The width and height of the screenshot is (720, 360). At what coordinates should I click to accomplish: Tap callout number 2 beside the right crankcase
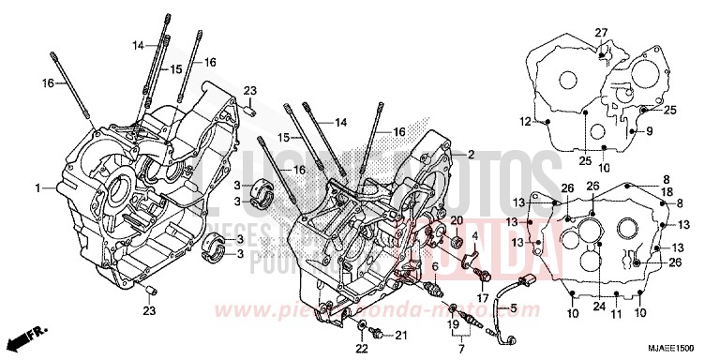472,155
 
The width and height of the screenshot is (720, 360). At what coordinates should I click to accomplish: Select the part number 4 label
474,235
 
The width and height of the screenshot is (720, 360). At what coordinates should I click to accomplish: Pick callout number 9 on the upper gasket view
648,131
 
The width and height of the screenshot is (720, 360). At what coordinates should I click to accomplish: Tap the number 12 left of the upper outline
527,122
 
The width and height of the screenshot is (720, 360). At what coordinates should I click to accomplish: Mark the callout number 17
484,298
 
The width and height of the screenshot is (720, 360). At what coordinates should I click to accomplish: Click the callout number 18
667,190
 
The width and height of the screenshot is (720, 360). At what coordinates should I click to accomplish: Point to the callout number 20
457,220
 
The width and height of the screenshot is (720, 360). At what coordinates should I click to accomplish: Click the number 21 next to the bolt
401,335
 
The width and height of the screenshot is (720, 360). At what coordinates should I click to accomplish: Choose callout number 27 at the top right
602,33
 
